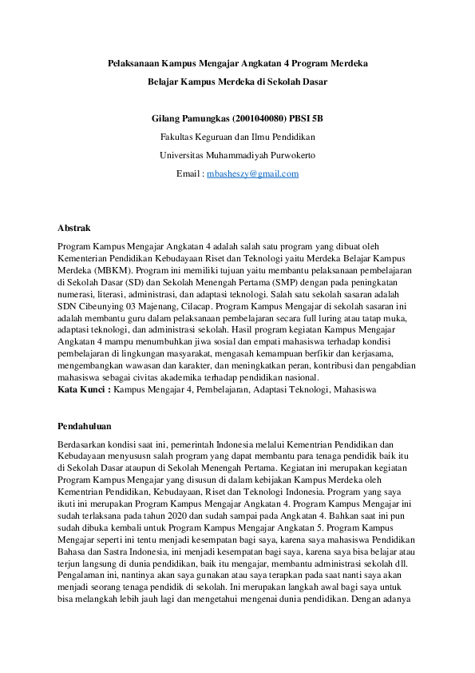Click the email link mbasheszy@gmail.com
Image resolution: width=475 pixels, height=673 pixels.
click(x=252, y=173)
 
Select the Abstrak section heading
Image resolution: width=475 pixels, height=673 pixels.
click(x=74, y=228)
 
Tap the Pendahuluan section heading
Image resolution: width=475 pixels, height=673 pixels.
click(x=85, y=426)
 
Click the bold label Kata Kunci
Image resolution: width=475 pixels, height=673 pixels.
click(x=83, y=389)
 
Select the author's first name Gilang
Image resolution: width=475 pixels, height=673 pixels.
click(x=165, y=119)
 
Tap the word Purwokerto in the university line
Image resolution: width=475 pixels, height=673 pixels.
click(x=283, y=155)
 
